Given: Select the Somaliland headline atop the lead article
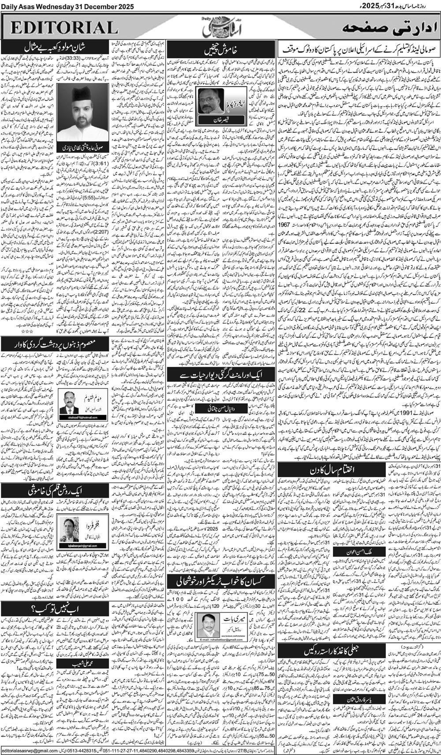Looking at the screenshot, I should pyautogui.click(x=358, y=45).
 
